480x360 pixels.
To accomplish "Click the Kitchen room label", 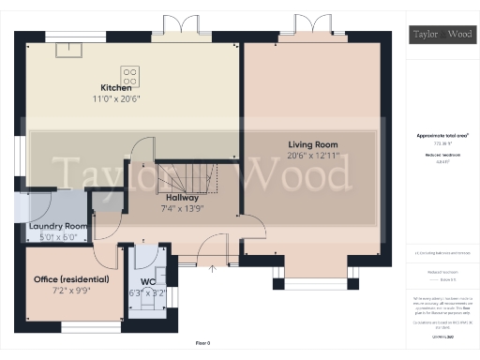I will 129,88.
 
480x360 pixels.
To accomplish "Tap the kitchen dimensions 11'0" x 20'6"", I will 129,98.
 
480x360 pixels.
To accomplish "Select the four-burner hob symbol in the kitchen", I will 130,73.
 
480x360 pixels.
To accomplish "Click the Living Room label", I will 312,144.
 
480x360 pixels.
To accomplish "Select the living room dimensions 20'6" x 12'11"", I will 312,156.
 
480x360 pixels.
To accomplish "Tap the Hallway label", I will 182,198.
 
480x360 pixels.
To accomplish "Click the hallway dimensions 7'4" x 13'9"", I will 182,208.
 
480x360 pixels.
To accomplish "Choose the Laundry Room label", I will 58,227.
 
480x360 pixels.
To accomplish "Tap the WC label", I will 149,281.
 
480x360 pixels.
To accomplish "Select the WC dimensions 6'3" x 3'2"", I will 149,292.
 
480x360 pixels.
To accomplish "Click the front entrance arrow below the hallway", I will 212,270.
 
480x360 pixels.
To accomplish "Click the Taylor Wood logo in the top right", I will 442,36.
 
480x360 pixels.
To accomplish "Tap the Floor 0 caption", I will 202,344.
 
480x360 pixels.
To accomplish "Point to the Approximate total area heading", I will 442,135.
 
